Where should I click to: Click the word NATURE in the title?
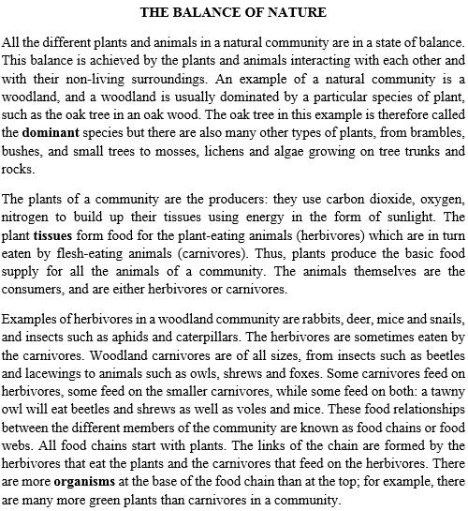pos(300,13)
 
